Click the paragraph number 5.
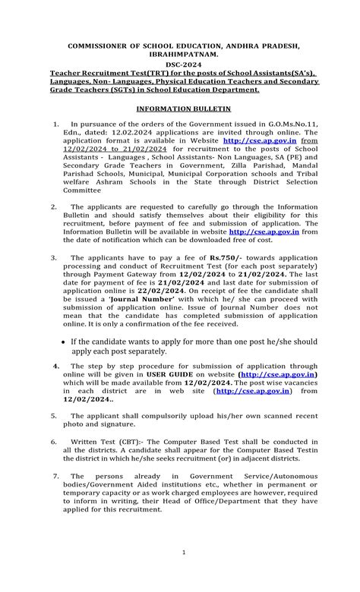tap(53, 416)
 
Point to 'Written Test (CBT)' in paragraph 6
tap(101, 441)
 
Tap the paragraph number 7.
tap(53, 475)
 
